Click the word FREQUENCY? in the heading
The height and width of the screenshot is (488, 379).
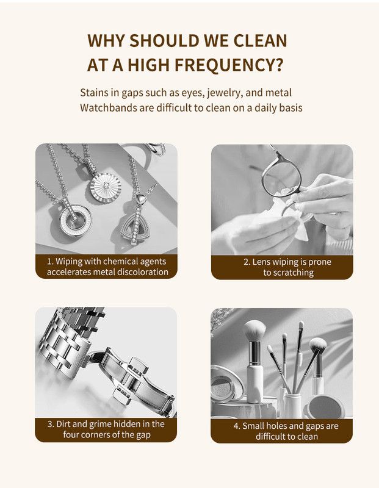[229, 65]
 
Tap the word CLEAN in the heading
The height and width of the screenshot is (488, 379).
[260, 41]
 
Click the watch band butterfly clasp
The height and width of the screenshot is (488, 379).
[134, 379]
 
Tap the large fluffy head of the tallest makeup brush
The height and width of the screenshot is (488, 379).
[254, 331]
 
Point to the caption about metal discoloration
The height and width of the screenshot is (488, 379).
[107, 267]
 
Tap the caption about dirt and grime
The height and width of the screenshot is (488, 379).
[106, 429]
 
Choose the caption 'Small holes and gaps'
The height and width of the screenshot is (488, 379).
[286, 431]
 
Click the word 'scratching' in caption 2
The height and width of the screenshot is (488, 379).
[293, 273]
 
